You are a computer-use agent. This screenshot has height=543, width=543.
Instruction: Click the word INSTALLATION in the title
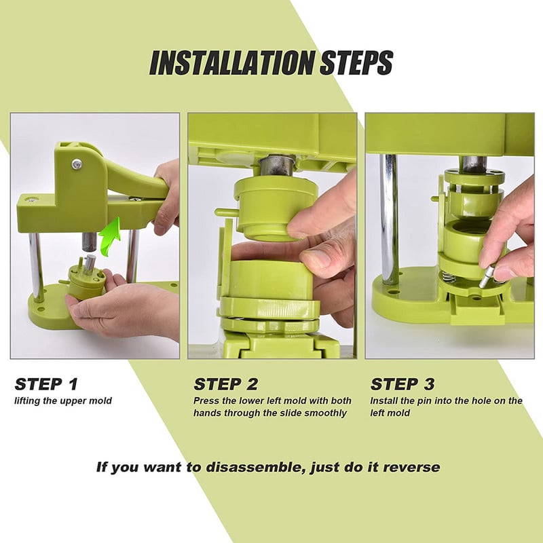pos(232,62)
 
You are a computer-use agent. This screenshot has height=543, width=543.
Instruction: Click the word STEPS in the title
pos(357,62)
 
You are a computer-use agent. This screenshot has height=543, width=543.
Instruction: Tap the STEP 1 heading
pos(46,384)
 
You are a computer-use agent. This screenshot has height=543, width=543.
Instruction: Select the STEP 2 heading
pos(226,384)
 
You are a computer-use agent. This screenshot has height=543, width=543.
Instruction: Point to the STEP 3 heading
pos(402,384)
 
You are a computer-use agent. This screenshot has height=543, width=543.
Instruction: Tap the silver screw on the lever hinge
pos(77,164)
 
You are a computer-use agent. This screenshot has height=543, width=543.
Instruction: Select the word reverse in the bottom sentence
pos(411,468)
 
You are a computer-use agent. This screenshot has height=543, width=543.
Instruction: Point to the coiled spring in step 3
pos(448,278)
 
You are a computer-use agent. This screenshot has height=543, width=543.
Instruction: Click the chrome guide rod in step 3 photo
pos(388,218)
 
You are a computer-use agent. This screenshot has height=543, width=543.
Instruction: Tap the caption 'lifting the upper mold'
pos(63,401)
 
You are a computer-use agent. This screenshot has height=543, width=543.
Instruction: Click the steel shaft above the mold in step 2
pos(278,165)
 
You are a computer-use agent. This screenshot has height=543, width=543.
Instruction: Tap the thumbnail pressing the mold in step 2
pos(316,259)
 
